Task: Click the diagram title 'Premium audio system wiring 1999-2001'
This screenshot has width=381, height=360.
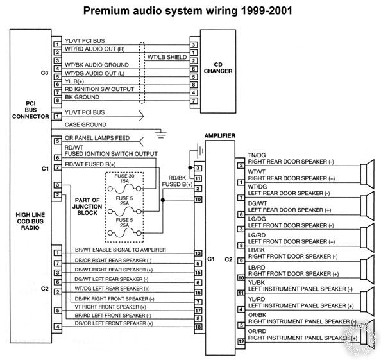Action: point(190,11)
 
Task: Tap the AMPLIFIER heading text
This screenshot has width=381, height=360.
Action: point(219,137)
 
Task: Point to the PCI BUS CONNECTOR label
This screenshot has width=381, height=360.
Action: point(23,108)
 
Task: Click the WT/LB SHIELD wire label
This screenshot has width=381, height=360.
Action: point(167,57)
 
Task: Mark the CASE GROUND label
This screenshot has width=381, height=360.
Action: point(85,124)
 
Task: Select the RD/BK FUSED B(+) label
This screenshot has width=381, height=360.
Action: point(180,181)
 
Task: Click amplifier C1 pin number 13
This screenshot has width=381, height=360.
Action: point(198,253)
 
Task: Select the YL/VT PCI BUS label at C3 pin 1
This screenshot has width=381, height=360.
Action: point(89,40)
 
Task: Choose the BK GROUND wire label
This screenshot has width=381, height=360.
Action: point(82,98)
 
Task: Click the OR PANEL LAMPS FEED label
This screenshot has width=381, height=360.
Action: point(97,137)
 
